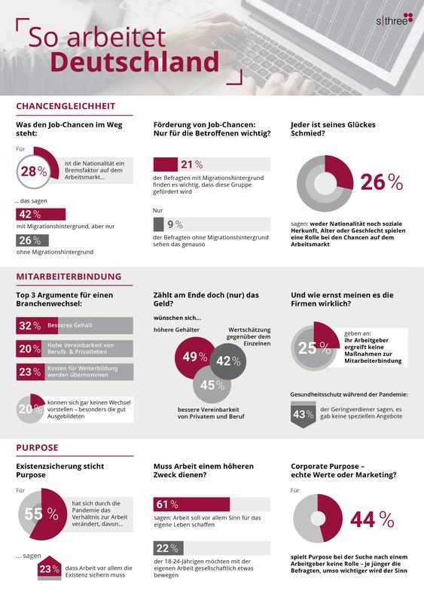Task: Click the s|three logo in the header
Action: pyautogui.click(x=395, y=20)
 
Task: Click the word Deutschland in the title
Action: pyautogui.click(x=135, y=62)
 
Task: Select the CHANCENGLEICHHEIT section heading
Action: pyautogui.click(x=66, y=106)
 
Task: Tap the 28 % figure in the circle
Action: pyautogui.click(x=34, y=171)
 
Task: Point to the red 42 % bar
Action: pyautogui.click(x=41, y=214)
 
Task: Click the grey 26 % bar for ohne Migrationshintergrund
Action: pyautogui.click(x=32, y=240)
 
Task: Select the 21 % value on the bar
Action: pyautogui.click(x=192, y=165)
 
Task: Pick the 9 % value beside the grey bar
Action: pyautogui.click(x=175, y=224)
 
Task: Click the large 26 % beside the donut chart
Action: pyautogui.click(x=382, y=182)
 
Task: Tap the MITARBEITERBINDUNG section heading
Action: pyautogui.click(x=69, y=276)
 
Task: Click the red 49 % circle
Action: pyautogui.click(x=194, y=358)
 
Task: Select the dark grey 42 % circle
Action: pyautogui.click(x=228, y=361)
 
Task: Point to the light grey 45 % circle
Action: pyautogui.click(x=212, y=385)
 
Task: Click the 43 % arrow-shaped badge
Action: pyautogui.click(x=303, y=414)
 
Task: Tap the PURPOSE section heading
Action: pyautogui.click(x=37, y=448)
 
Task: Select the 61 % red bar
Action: pyautogui.click(x=191, y=504)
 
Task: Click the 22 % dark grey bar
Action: pyautogui.click(x=169, y=548)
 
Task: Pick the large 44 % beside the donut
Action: pyautogui.click(x=372, y=519)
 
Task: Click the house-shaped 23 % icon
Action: pyautogui.click(x=50, y=568)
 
